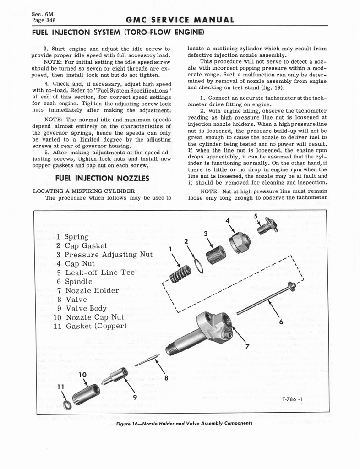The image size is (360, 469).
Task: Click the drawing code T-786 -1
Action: point(294,399)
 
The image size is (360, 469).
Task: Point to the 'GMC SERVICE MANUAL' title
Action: point(180,20)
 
